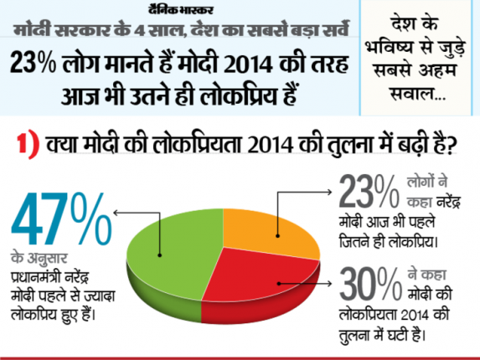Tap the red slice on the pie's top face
261,275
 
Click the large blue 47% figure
61,219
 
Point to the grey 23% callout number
369,192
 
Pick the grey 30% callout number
370,284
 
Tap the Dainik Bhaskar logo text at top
181,10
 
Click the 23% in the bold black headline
33,64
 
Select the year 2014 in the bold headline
248,64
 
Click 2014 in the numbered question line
271,144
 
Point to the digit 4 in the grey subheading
140,31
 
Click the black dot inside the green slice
160,255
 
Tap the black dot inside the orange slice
277,236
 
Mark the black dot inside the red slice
279,284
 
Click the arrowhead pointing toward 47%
116,213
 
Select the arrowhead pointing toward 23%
329,192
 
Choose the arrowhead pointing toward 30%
329,284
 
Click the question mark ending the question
451,144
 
